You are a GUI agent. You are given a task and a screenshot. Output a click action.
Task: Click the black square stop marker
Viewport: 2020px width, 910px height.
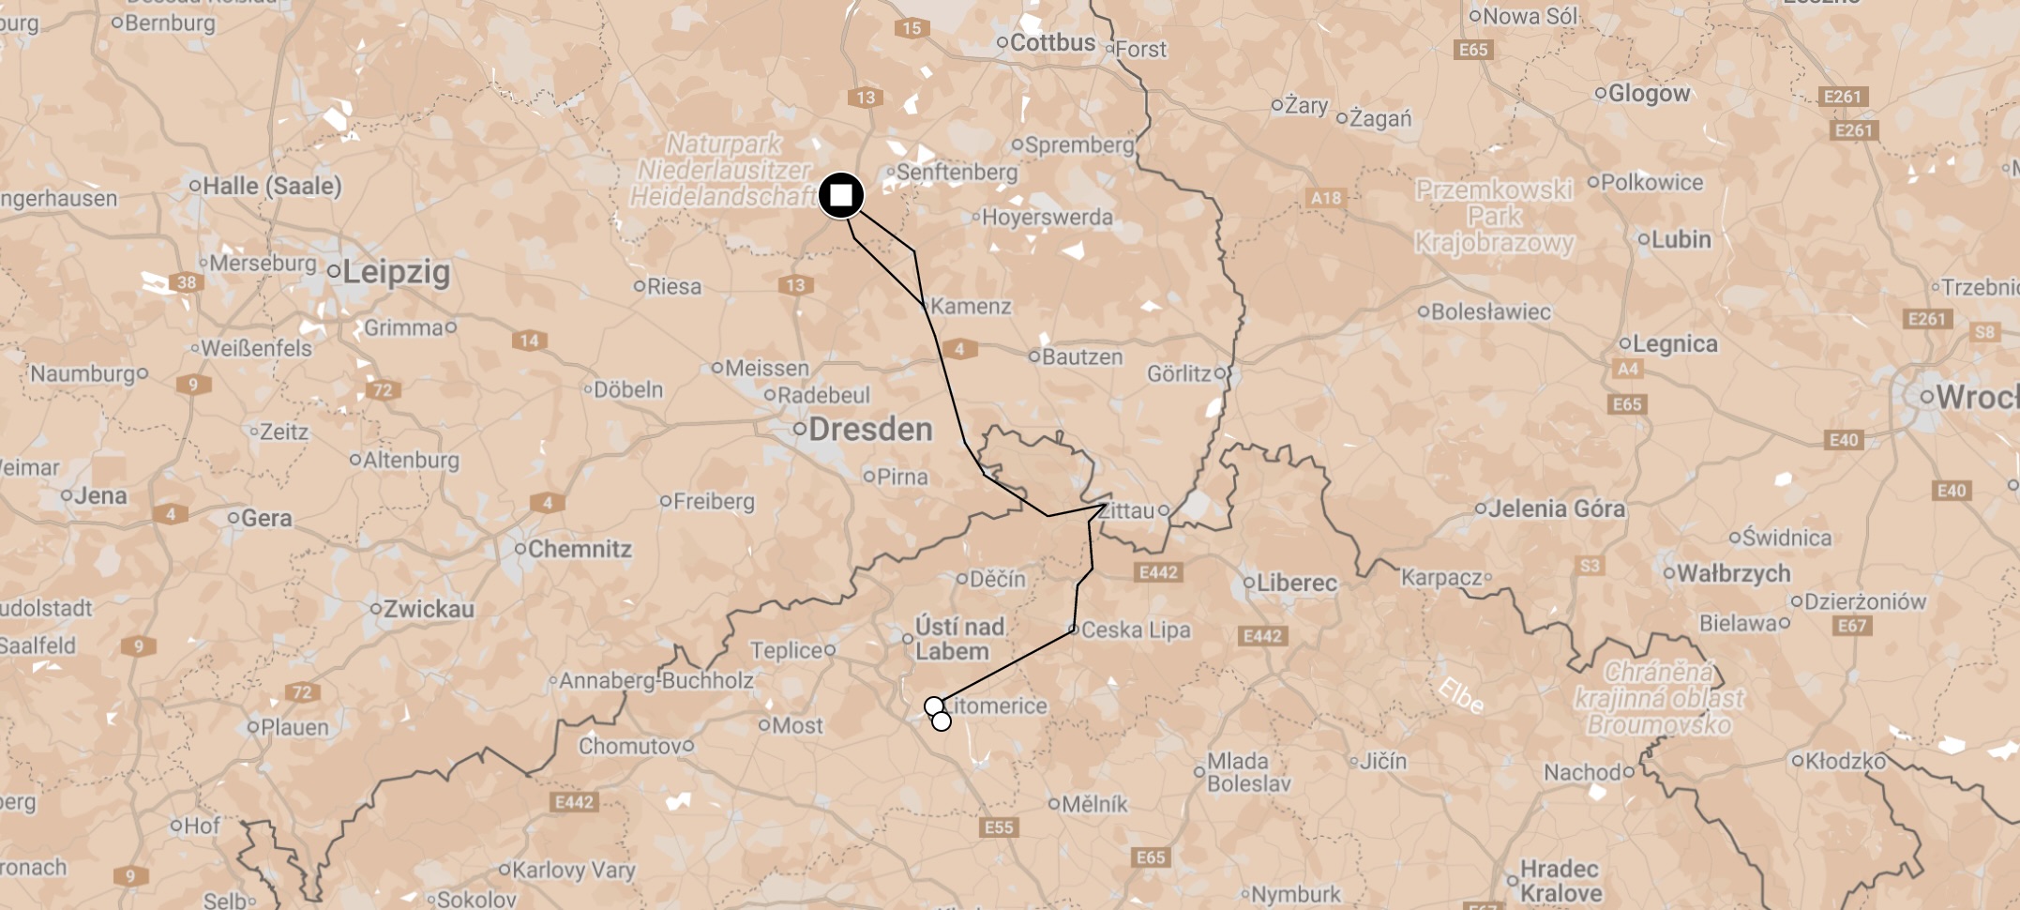(841, 196)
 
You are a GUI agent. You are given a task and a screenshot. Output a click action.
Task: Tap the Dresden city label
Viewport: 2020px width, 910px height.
(869, 430)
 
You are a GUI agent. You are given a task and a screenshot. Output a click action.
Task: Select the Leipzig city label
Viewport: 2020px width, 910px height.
(395, 272)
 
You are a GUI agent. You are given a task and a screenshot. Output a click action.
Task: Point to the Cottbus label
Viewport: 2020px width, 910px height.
(1052, 43)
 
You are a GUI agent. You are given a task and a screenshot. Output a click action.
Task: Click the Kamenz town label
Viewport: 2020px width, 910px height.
(970, 307)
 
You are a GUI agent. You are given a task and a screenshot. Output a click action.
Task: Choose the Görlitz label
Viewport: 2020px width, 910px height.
(1179, 374)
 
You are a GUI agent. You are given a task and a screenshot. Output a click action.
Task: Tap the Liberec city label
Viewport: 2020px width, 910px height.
(1296, 583)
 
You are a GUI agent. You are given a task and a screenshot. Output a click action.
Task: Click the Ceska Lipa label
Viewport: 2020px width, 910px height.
(1135, 630)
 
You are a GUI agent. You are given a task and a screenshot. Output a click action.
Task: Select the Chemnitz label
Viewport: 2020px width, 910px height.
(579, 549)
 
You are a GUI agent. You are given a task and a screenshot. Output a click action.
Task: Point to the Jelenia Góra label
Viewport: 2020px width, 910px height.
(1556, 508)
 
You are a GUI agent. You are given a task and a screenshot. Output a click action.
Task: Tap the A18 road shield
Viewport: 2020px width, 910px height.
(1325, 198)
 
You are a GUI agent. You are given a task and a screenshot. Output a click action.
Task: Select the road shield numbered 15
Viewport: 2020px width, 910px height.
(912, 28)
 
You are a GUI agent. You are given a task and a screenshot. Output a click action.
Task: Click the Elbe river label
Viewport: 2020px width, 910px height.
(1460, 695)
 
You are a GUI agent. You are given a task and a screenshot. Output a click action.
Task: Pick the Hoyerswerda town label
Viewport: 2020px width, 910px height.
(1047, 218)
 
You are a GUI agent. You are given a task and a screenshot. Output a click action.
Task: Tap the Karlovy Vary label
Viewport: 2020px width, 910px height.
(573, 870)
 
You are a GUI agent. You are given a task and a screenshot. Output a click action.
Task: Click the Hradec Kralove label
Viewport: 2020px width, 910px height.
(1560, 881)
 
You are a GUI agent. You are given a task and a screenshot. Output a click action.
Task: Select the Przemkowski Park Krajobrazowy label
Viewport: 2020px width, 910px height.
(1493, 217)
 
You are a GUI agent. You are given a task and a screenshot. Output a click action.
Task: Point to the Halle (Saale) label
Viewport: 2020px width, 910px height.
(271, 186)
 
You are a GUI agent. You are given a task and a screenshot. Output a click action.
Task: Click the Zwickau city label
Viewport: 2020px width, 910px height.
(429, 609)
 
